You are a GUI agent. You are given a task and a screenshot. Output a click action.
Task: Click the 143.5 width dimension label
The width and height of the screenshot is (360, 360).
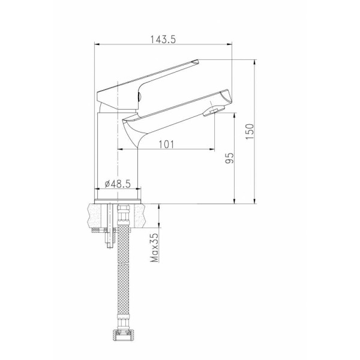coord(163,40)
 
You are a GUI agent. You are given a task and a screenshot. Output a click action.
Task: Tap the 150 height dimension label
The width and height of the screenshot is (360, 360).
coord(250,131)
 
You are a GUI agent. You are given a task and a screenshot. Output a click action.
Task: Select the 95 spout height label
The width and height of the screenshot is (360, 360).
coord(229,158)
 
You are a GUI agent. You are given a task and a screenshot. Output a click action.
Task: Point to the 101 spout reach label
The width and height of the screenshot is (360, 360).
coord(166,145)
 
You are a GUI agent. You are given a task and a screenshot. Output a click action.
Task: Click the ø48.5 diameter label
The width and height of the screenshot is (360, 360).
coord(118,184)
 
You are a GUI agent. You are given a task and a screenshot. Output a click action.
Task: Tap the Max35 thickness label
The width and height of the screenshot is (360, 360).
coord(154,248)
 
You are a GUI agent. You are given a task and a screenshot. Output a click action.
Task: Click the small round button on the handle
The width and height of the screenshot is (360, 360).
coord(139,97)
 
